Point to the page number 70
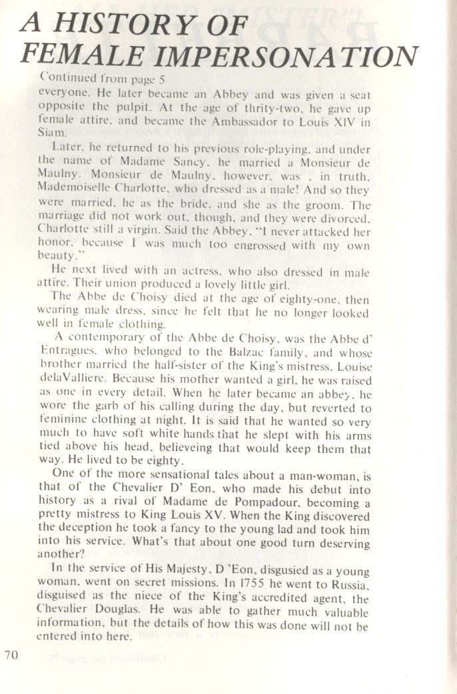[x=13, y=655]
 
